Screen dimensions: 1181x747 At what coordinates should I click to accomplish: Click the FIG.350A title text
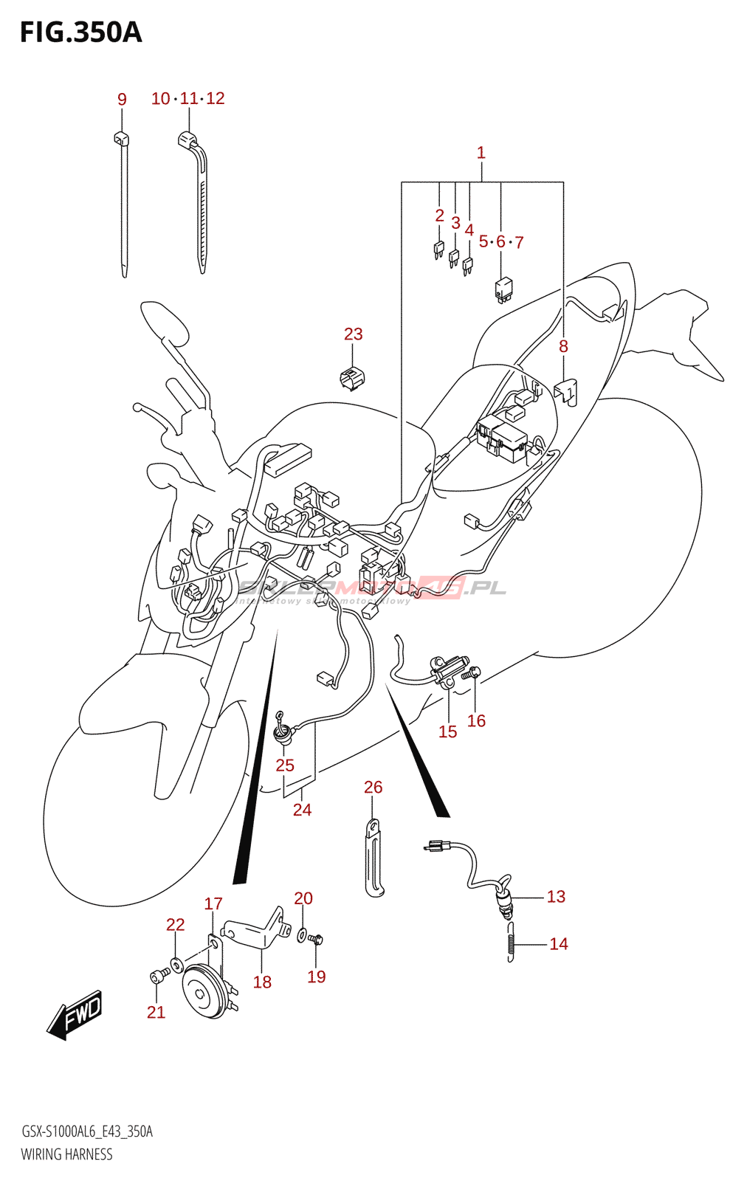coord(80,32)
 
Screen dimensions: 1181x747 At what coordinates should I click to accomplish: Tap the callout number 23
coord(353,334)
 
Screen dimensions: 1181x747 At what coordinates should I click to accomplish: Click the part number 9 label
coord(122,99)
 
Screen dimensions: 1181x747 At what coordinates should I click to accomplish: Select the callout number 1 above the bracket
coord(481,153)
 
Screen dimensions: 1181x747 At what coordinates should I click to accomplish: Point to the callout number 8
coord(563,346)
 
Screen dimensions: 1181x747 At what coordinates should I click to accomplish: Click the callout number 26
coord(373,788)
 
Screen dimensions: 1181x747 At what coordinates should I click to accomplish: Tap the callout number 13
coord(556,897)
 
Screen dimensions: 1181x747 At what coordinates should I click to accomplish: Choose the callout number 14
coord(559,944)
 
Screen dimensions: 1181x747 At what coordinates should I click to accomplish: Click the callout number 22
coord(175,925)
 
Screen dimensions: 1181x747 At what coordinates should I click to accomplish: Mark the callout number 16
coord(476,721)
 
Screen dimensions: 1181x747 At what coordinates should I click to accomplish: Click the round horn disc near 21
coord(202,992)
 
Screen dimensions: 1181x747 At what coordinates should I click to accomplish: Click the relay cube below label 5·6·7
coord(503,289)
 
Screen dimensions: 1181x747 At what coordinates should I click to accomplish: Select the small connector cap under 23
coord(352,378)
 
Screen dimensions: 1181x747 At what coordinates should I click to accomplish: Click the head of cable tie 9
coord(122,137)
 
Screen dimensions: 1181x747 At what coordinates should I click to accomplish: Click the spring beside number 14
coord(510,943)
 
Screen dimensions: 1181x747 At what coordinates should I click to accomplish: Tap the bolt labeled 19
coord(317,940)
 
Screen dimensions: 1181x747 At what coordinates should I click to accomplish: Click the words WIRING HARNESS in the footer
coord(66,1154)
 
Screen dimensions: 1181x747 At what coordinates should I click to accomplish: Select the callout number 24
coord(302,810)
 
